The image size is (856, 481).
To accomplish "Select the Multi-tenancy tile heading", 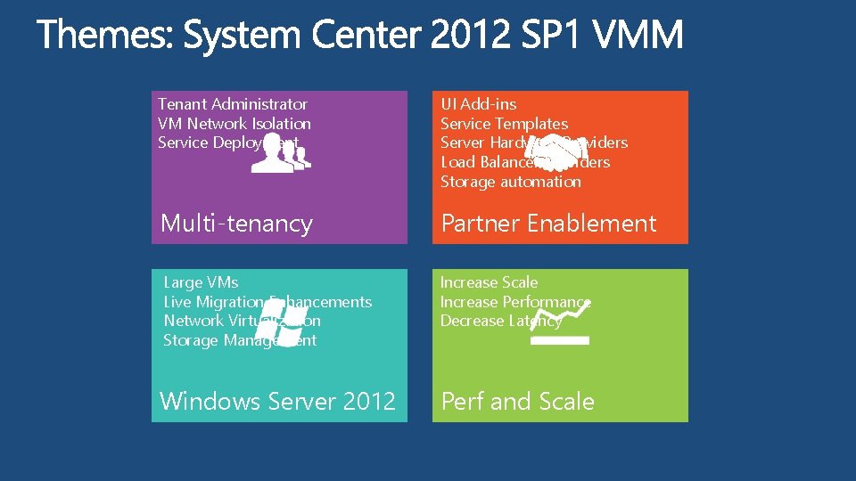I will pos(236,224).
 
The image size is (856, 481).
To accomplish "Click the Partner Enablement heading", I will pos(548,224).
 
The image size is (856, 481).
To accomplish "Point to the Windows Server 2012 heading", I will pos(277,402).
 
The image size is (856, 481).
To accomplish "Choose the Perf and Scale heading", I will pos(517,402).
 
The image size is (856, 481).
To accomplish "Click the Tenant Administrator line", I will pos(233,104).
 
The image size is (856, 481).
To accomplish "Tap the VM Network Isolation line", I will pos(235,124).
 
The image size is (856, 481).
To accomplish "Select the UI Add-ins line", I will pos(478,104).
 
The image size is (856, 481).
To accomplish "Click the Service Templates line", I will pos(504,124).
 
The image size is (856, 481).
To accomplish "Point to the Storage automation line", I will pos(510,182).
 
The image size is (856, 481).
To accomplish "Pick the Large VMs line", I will pos(201,282).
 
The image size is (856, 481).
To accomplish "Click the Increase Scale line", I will pos(489,282).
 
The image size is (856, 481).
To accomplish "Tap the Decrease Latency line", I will pos(500,321).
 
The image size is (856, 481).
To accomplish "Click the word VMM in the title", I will pos(638,37).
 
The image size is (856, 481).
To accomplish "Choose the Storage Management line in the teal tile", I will pos(240,340).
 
